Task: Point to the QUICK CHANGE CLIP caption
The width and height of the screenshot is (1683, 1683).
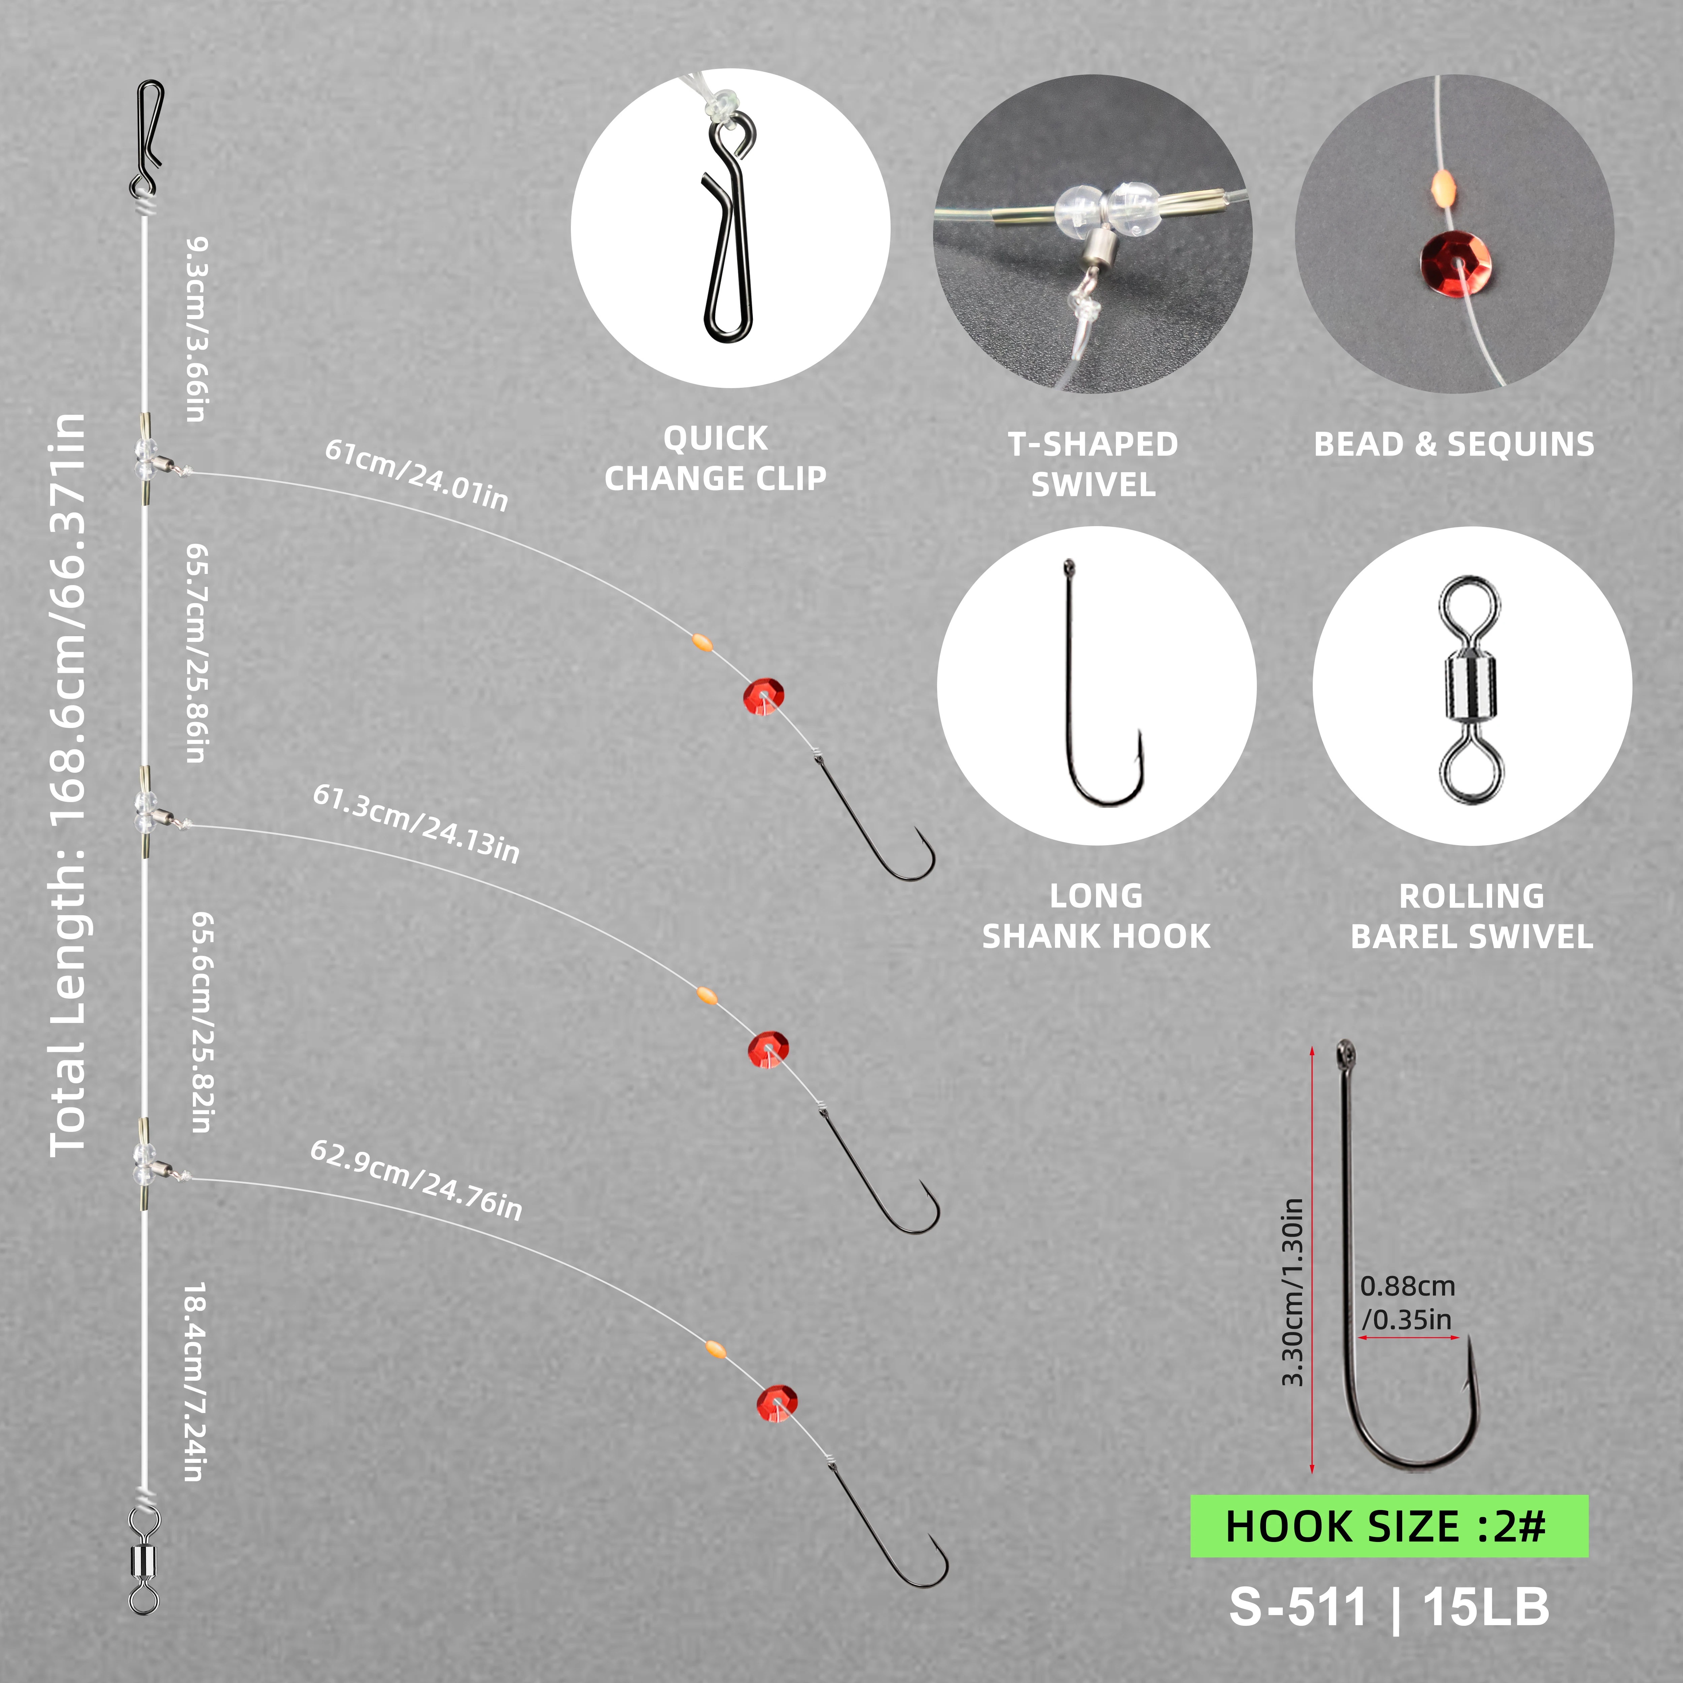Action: click(715, 458)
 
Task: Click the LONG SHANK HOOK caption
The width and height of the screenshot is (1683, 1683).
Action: click(1096, 916)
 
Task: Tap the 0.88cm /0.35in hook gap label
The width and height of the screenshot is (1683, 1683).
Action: click(1408, 1302)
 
